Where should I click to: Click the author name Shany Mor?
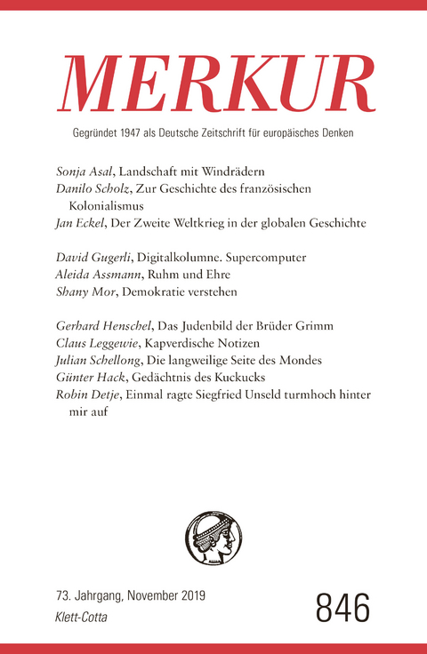pyautogui.click(x=79, y=292)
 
